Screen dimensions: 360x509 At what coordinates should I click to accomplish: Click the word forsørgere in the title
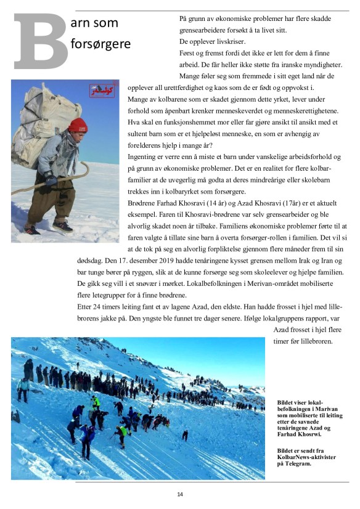(x=101, y=44)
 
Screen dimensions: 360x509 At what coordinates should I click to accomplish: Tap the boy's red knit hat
(x=78, y=125)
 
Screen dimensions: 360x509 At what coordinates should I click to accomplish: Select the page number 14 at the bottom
(x=180, y=494)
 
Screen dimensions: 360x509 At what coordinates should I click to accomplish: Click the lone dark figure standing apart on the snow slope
(x=185, y=435)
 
